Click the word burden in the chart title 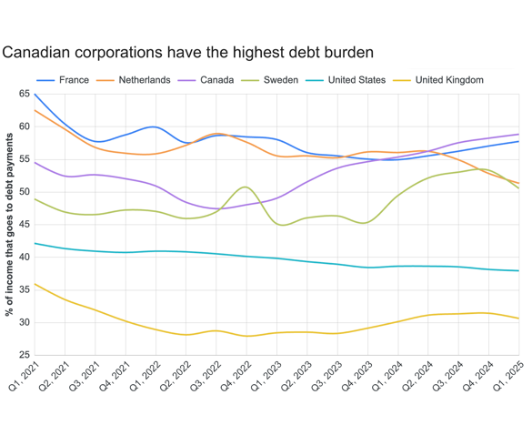click(x=345, y=53)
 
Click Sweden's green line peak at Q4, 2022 click(x=246, y=187)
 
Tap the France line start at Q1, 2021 click(x=35, y=94)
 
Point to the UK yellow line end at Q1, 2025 click(x=519, y=319)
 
